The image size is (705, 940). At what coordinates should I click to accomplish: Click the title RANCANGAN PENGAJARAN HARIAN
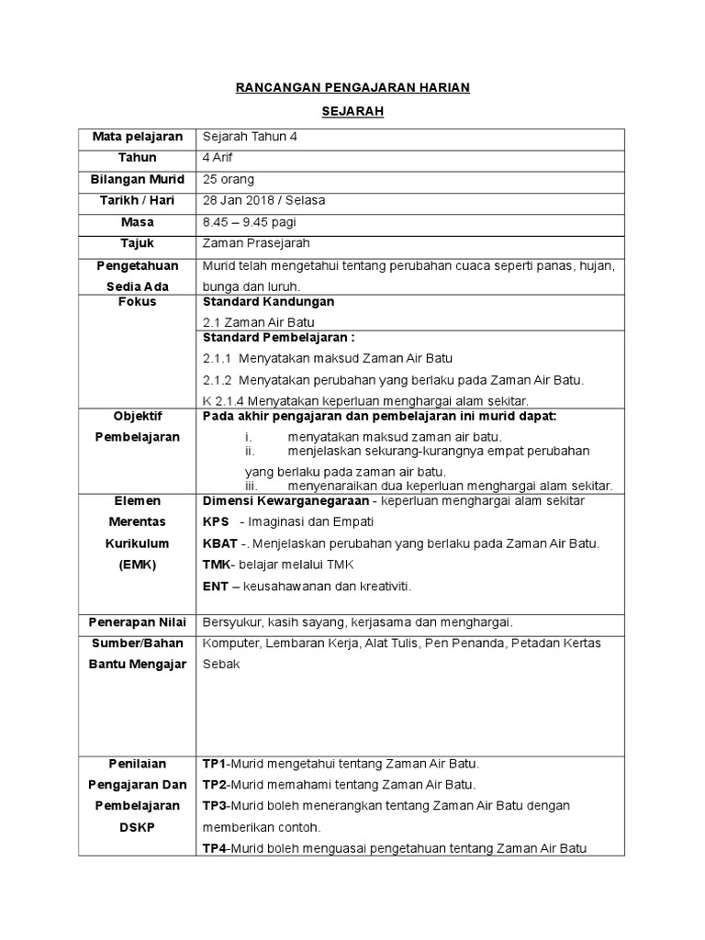point(352,87)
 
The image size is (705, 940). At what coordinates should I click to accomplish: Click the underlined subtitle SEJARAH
point(352,112)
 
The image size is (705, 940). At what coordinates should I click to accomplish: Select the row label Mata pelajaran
point(138,137)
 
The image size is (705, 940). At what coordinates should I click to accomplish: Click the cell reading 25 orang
point(229,179)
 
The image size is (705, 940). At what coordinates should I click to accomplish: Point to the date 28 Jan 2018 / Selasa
point(263,200)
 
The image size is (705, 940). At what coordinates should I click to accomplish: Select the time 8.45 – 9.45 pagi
point(249,222)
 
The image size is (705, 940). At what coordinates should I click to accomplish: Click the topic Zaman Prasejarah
point(256,243)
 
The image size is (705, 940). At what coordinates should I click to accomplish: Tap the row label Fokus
point(138,301)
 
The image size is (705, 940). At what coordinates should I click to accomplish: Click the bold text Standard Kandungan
point(268,301)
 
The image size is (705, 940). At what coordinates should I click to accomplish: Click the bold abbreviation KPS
point(216,521)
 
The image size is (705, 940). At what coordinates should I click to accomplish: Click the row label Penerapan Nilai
point(138,621)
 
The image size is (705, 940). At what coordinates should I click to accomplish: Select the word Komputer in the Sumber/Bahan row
point(232,643)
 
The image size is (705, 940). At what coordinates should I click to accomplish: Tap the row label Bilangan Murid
point(138,179)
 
